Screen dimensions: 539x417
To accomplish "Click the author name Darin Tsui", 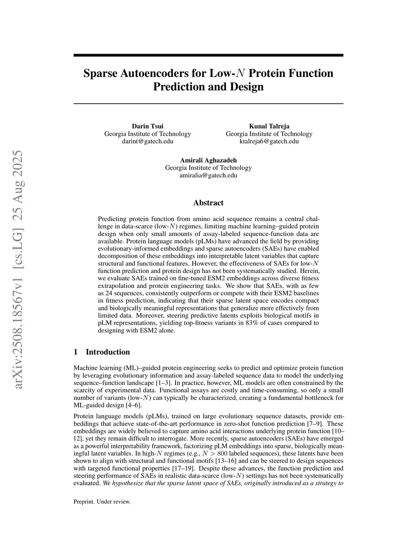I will pyautogui.click(x=147, y=126).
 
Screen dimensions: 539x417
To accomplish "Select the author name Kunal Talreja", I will pyautogui.click(x=269, y=126).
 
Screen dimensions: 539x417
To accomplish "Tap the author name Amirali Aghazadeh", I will pyautogui.click(x=208, y=160).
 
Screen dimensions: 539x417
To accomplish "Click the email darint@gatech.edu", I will pyautogui.click(x=147, y=142).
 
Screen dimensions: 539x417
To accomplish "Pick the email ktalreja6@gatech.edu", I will pyautogui.click(x=269, y=142).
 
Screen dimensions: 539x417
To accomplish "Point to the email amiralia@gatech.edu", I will pyautogui.click(x=208, y=175).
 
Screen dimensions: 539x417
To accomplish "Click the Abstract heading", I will pyautogui.click(x=208, y=203).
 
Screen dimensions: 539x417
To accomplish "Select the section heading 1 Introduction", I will pyautogui.click(x=102, y=352).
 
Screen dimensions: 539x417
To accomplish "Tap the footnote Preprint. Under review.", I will pyautogui.click(x=102, y=502).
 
